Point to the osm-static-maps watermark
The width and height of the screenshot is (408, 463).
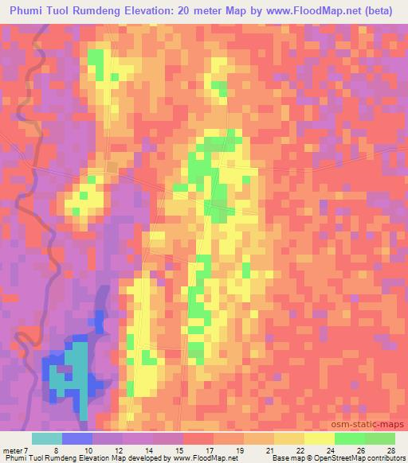tap(374, 422)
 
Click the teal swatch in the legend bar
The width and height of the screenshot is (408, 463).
tap(47, 438)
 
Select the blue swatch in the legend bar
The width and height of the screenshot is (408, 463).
tap(77, 438)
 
